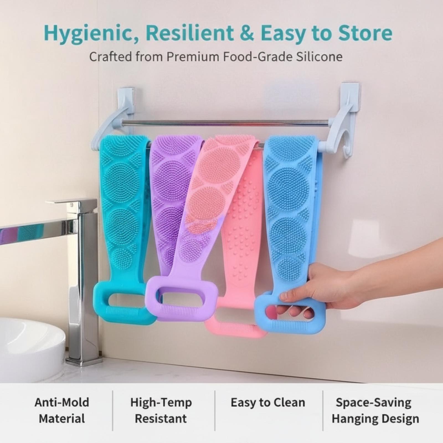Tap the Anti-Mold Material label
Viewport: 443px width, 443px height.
click(x=62, y=410)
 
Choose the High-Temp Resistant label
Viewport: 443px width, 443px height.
click(x=161, y=410)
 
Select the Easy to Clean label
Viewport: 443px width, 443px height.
click(x=268, y=403)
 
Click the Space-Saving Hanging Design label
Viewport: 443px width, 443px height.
click(x=375, y=410)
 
